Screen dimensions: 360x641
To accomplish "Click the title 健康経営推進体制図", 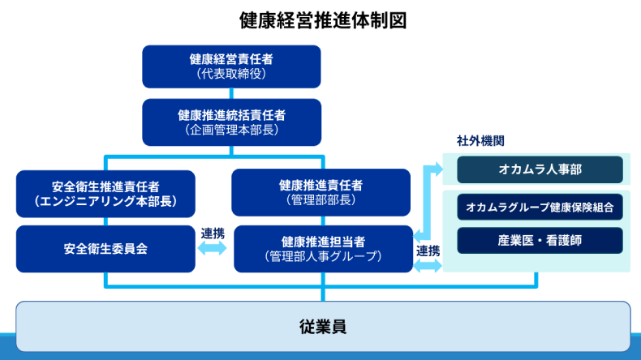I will [x=322, y=19].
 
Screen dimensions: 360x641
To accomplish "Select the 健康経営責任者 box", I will [x=231, y=66].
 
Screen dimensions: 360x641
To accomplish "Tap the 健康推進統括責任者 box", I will [x=231, y=122].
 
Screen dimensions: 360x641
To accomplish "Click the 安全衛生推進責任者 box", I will [x=105, y=193].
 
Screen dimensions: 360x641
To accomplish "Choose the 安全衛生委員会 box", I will [x=105, y=249].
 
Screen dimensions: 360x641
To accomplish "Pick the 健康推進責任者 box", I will [x=321, y=192].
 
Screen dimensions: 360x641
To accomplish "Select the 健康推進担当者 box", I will [x=323, y=249].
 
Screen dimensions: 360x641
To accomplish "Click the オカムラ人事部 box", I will [x=540, y=169].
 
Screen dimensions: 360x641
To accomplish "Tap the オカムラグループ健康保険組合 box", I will [x=540, y=207].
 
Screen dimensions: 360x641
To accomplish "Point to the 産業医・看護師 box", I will [x=540, y=240].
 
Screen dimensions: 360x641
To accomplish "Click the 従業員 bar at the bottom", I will [x=322, y=327].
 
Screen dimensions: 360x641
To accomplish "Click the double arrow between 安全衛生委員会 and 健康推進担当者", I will [x=213, y=250].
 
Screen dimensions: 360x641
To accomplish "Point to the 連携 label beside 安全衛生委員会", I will [x=213, y=233].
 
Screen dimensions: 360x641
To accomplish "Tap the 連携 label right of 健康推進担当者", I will [x=428, y=251].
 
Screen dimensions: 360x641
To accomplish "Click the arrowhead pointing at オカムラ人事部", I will [x=437, y=169].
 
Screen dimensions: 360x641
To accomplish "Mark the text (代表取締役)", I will [x=231, y=74].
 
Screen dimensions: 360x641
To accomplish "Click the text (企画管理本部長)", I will [x=231, y=129].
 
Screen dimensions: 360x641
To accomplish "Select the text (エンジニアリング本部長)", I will [x=105, y=200].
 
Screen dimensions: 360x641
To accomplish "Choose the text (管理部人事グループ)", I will [x=323, y=257].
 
